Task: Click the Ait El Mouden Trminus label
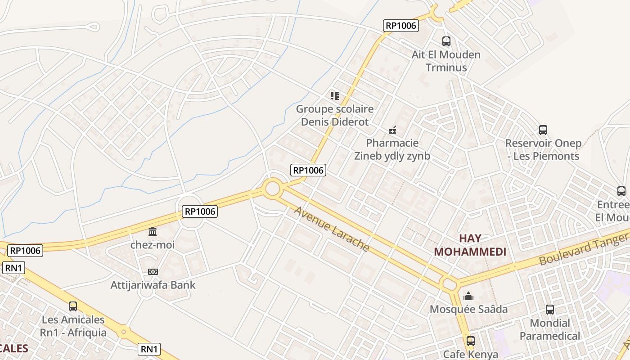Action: pyautogui.click(x=446, y=61)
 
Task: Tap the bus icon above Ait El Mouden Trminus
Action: pyautogui.click(x=446, y=41)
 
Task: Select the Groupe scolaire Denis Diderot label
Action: pyautogui.click(x=335, y=115)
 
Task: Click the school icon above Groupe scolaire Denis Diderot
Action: pyautogui.click(x=334, y=95)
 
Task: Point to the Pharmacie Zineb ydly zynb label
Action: pyautogui.click(x=392, y=149)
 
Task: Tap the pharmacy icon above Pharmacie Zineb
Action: pyautogui.click(x=392, y=130)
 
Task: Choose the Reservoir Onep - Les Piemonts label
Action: pyautogui.click(x=543, y=150)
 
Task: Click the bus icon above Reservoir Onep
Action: pyautogui.click(x=543, y=130)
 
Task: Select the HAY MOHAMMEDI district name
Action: pyautogui.click(x=470, y=245)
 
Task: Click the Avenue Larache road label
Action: pyautogui.click(x=332, y=229)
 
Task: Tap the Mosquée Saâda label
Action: pyautogui.click(x=468, y=309)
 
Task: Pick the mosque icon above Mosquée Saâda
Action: pyautogui.click(x=468, y=296)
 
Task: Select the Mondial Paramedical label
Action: pyautogui.click(x=550, y=329)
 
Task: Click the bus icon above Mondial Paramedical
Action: pyautogui.click(x=550, y=310)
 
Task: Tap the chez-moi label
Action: pyautogui.click(x=153, y=245)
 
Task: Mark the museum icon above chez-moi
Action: pyautogui.click(x=153, y=232)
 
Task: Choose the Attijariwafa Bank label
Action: pyautogui.click(x=153, y=285)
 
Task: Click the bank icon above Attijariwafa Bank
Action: pyautogui.click(x=153, y=272)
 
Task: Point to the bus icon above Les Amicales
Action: pyautogui.click(x=73, y=306)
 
